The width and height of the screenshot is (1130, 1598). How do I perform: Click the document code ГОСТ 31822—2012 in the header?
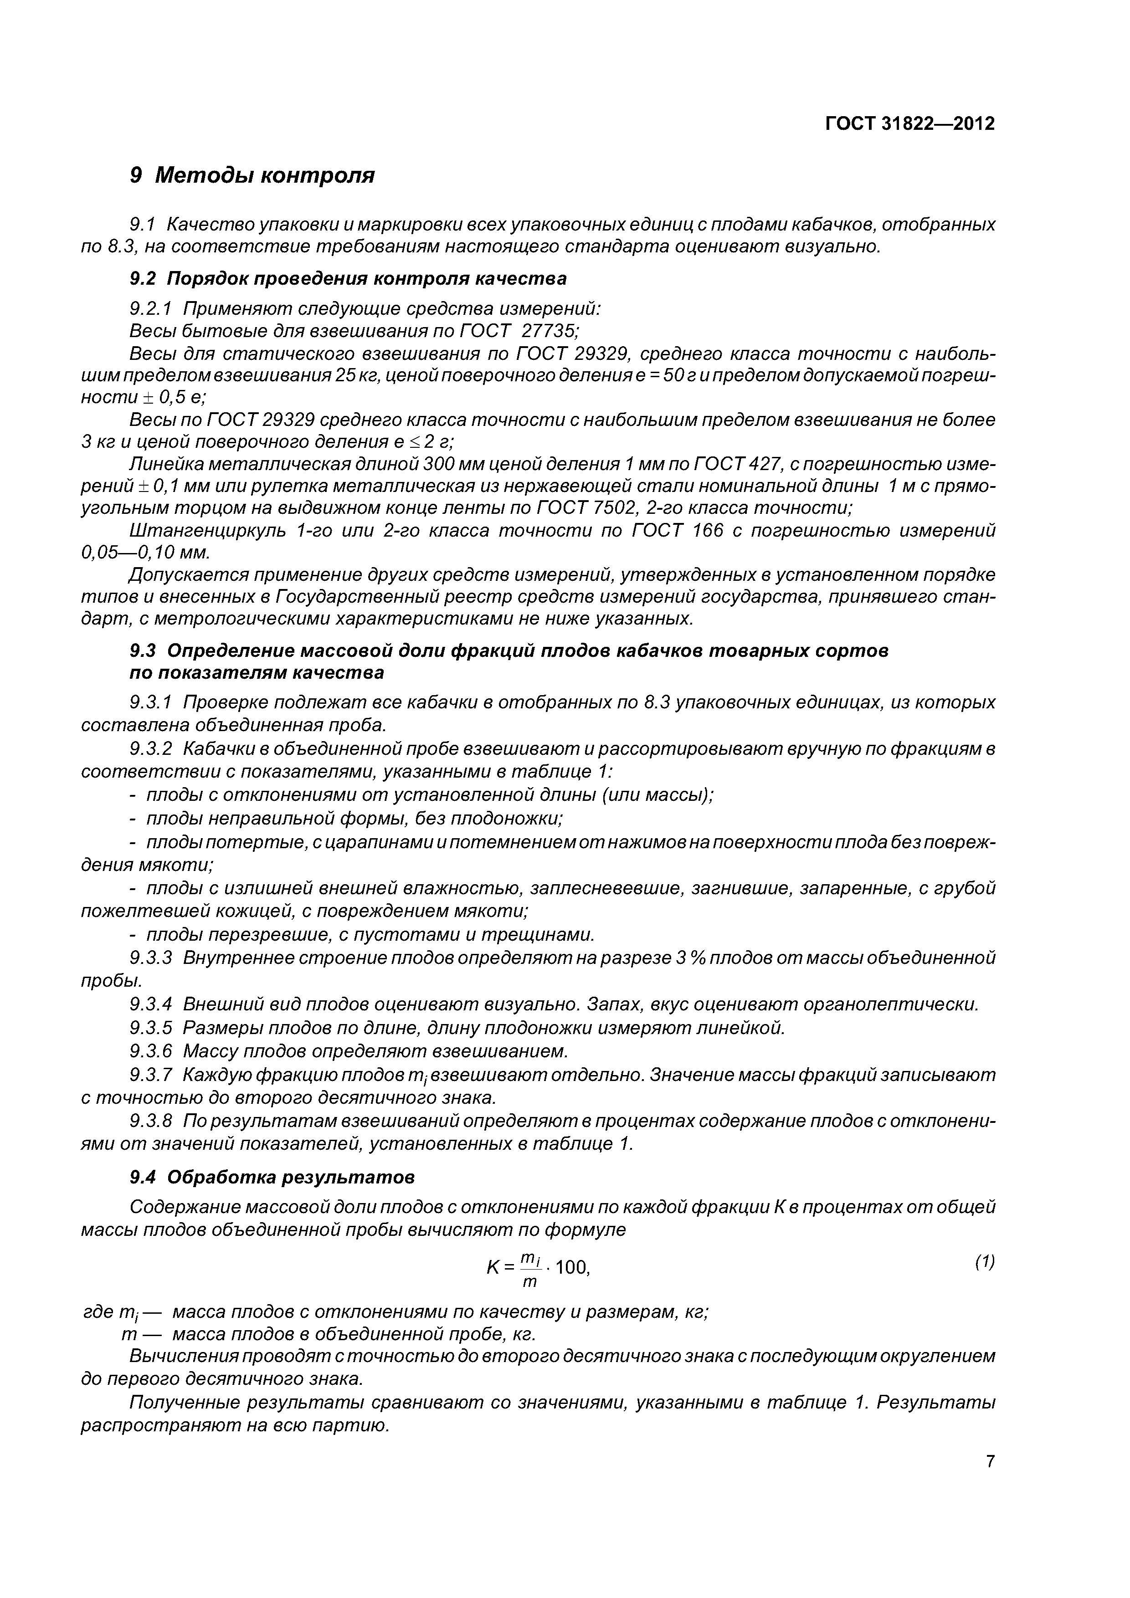tap(910, 124)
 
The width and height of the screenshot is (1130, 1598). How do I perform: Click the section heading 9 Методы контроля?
tap(252, 175)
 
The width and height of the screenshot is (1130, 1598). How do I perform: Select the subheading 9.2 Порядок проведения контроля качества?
tap(348, 278)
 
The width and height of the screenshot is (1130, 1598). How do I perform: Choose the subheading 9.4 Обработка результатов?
tap(272, 1177)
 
